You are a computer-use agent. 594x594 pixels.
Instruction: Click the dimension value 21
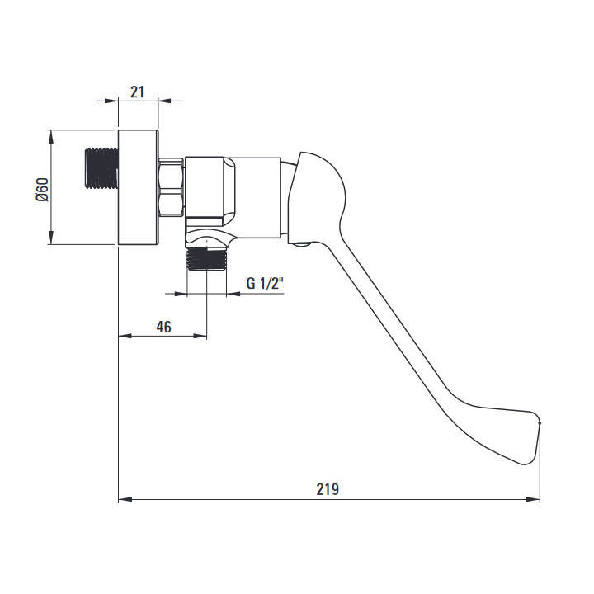(137, 92)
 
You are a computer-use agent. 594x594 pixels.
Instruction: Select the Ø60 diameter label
(43, 190)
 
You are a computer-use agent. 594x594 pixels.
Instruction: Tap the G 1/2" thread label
(265, 283)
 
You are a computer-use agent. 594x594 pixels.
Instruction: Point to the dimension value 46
(163, 327)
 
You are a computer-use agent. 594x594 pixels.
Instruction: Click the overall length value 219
(328, 489)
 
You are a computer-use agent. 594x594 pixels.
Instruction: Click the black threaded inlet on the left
(101, 168)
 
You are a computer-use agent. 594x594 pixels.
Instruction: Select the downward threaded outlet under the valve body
(206, 260)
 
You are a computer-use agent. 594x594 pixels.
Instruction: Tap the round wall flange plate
(139, 187)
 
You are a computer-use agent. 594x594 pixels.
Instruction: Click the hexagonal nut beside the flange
(172, 187)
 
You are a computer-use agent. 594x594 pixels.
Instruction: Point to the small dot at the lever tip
(540, 422)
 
